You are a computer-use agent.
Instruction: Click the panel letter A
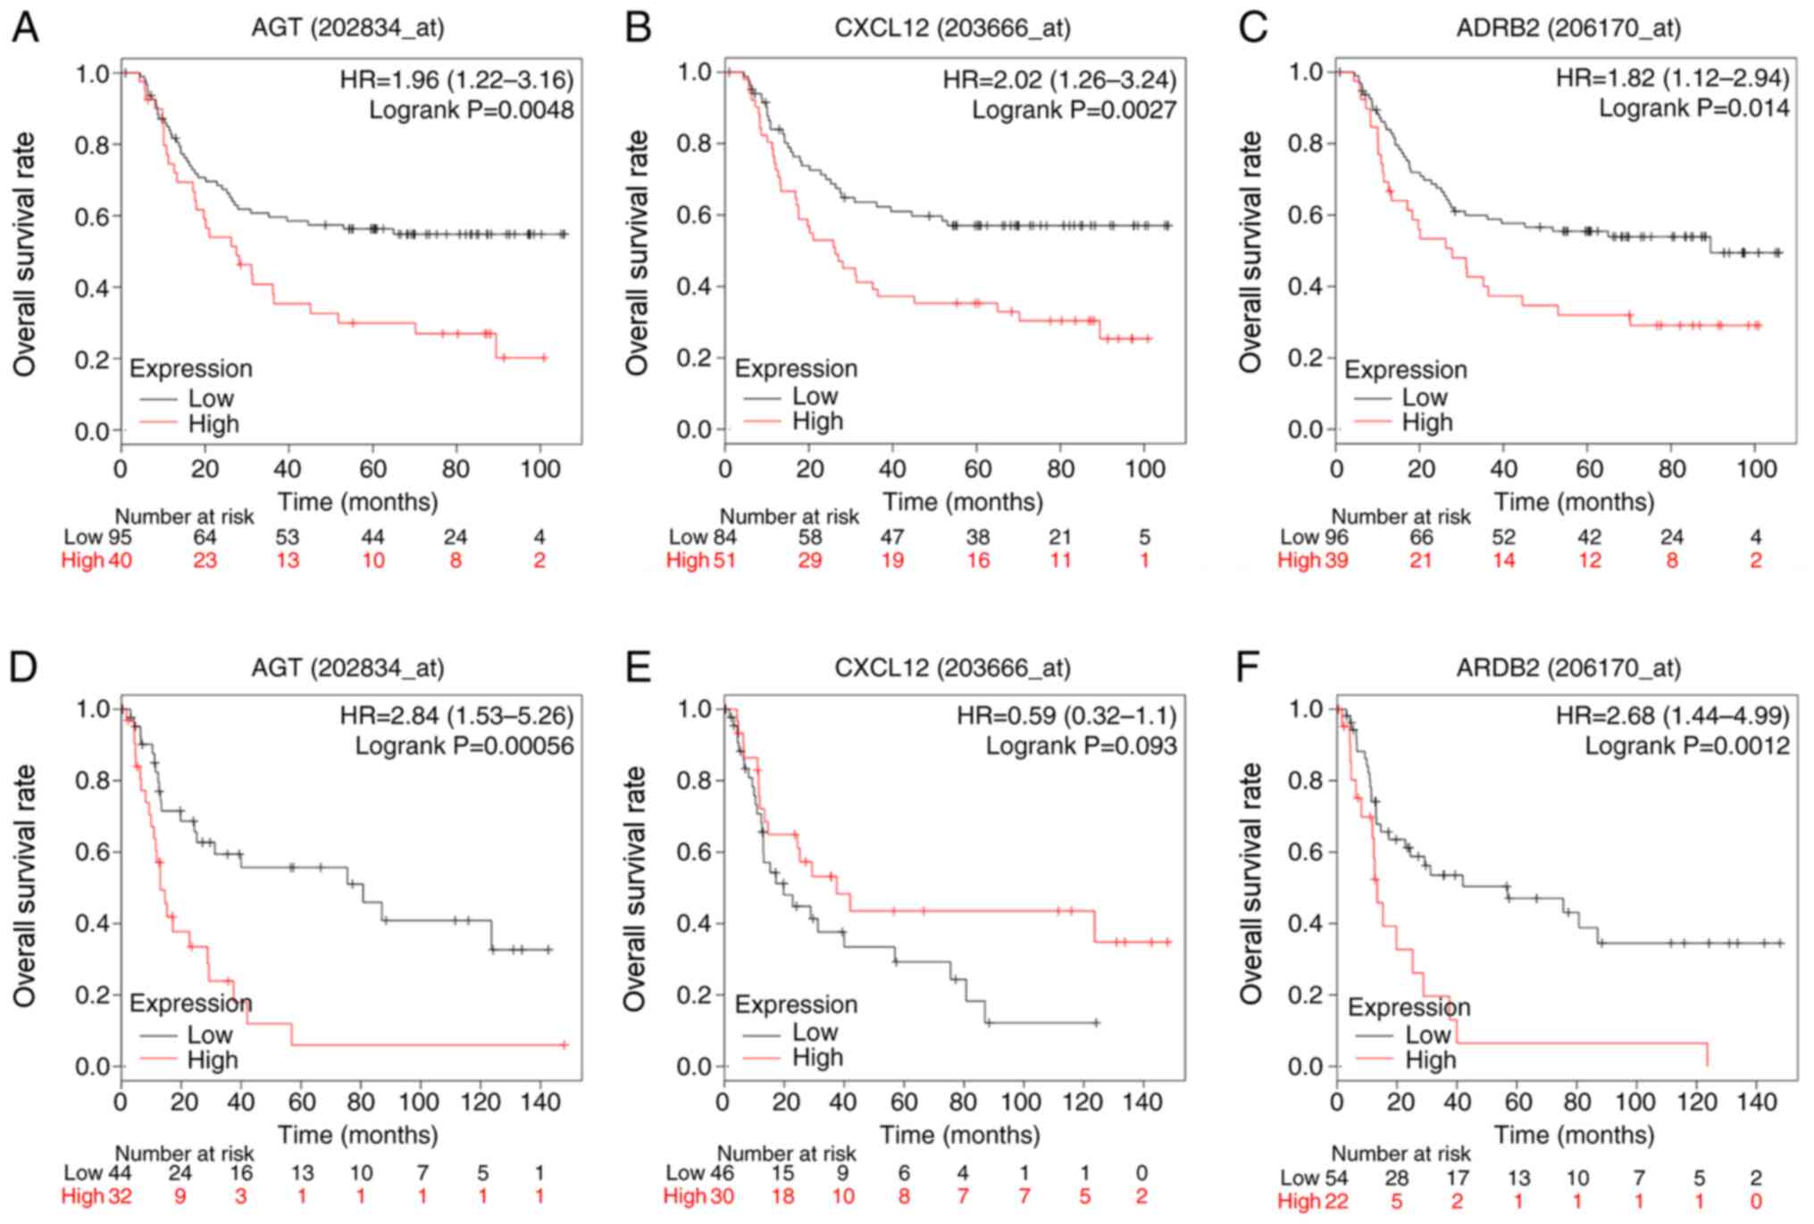pos(25,29)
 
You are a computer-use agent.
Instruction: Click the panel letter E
pos(638,668)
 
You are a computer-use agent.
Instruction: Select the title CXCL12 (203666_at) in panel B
pos(952,29)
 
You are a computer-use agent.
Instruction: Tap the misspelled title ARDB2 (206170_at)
pos(1568,668)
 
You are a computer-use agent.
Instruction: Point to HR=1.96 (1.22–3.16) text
pos(456,80)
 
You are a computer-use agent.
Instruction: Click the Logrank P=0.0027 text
pos(1074,110)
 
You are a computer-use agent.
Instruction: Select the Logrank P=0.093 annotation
pos(1081,745)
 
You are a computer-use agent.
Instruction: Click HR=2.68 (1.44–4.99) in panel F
pos(1672,715)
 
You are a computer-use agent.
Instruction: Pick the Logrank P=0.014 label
pos(1693,108)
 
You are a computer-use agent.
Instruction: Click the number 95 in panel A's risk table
pos(120,537)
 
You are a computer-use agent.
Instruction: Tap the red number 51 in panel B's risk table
pos(723,561)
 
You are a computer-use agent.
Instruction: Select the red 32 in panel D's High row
pos(120,1196)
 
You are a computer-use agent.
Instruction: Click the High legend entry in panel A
pos(213,424)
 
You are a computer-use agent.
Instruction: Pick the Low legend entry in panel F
pos(1427,1035)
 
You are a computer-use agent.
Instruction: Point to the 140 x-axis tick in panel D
pos(539,1101)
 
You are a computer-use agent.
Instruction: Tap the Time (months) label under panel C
pos(1574,502)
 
